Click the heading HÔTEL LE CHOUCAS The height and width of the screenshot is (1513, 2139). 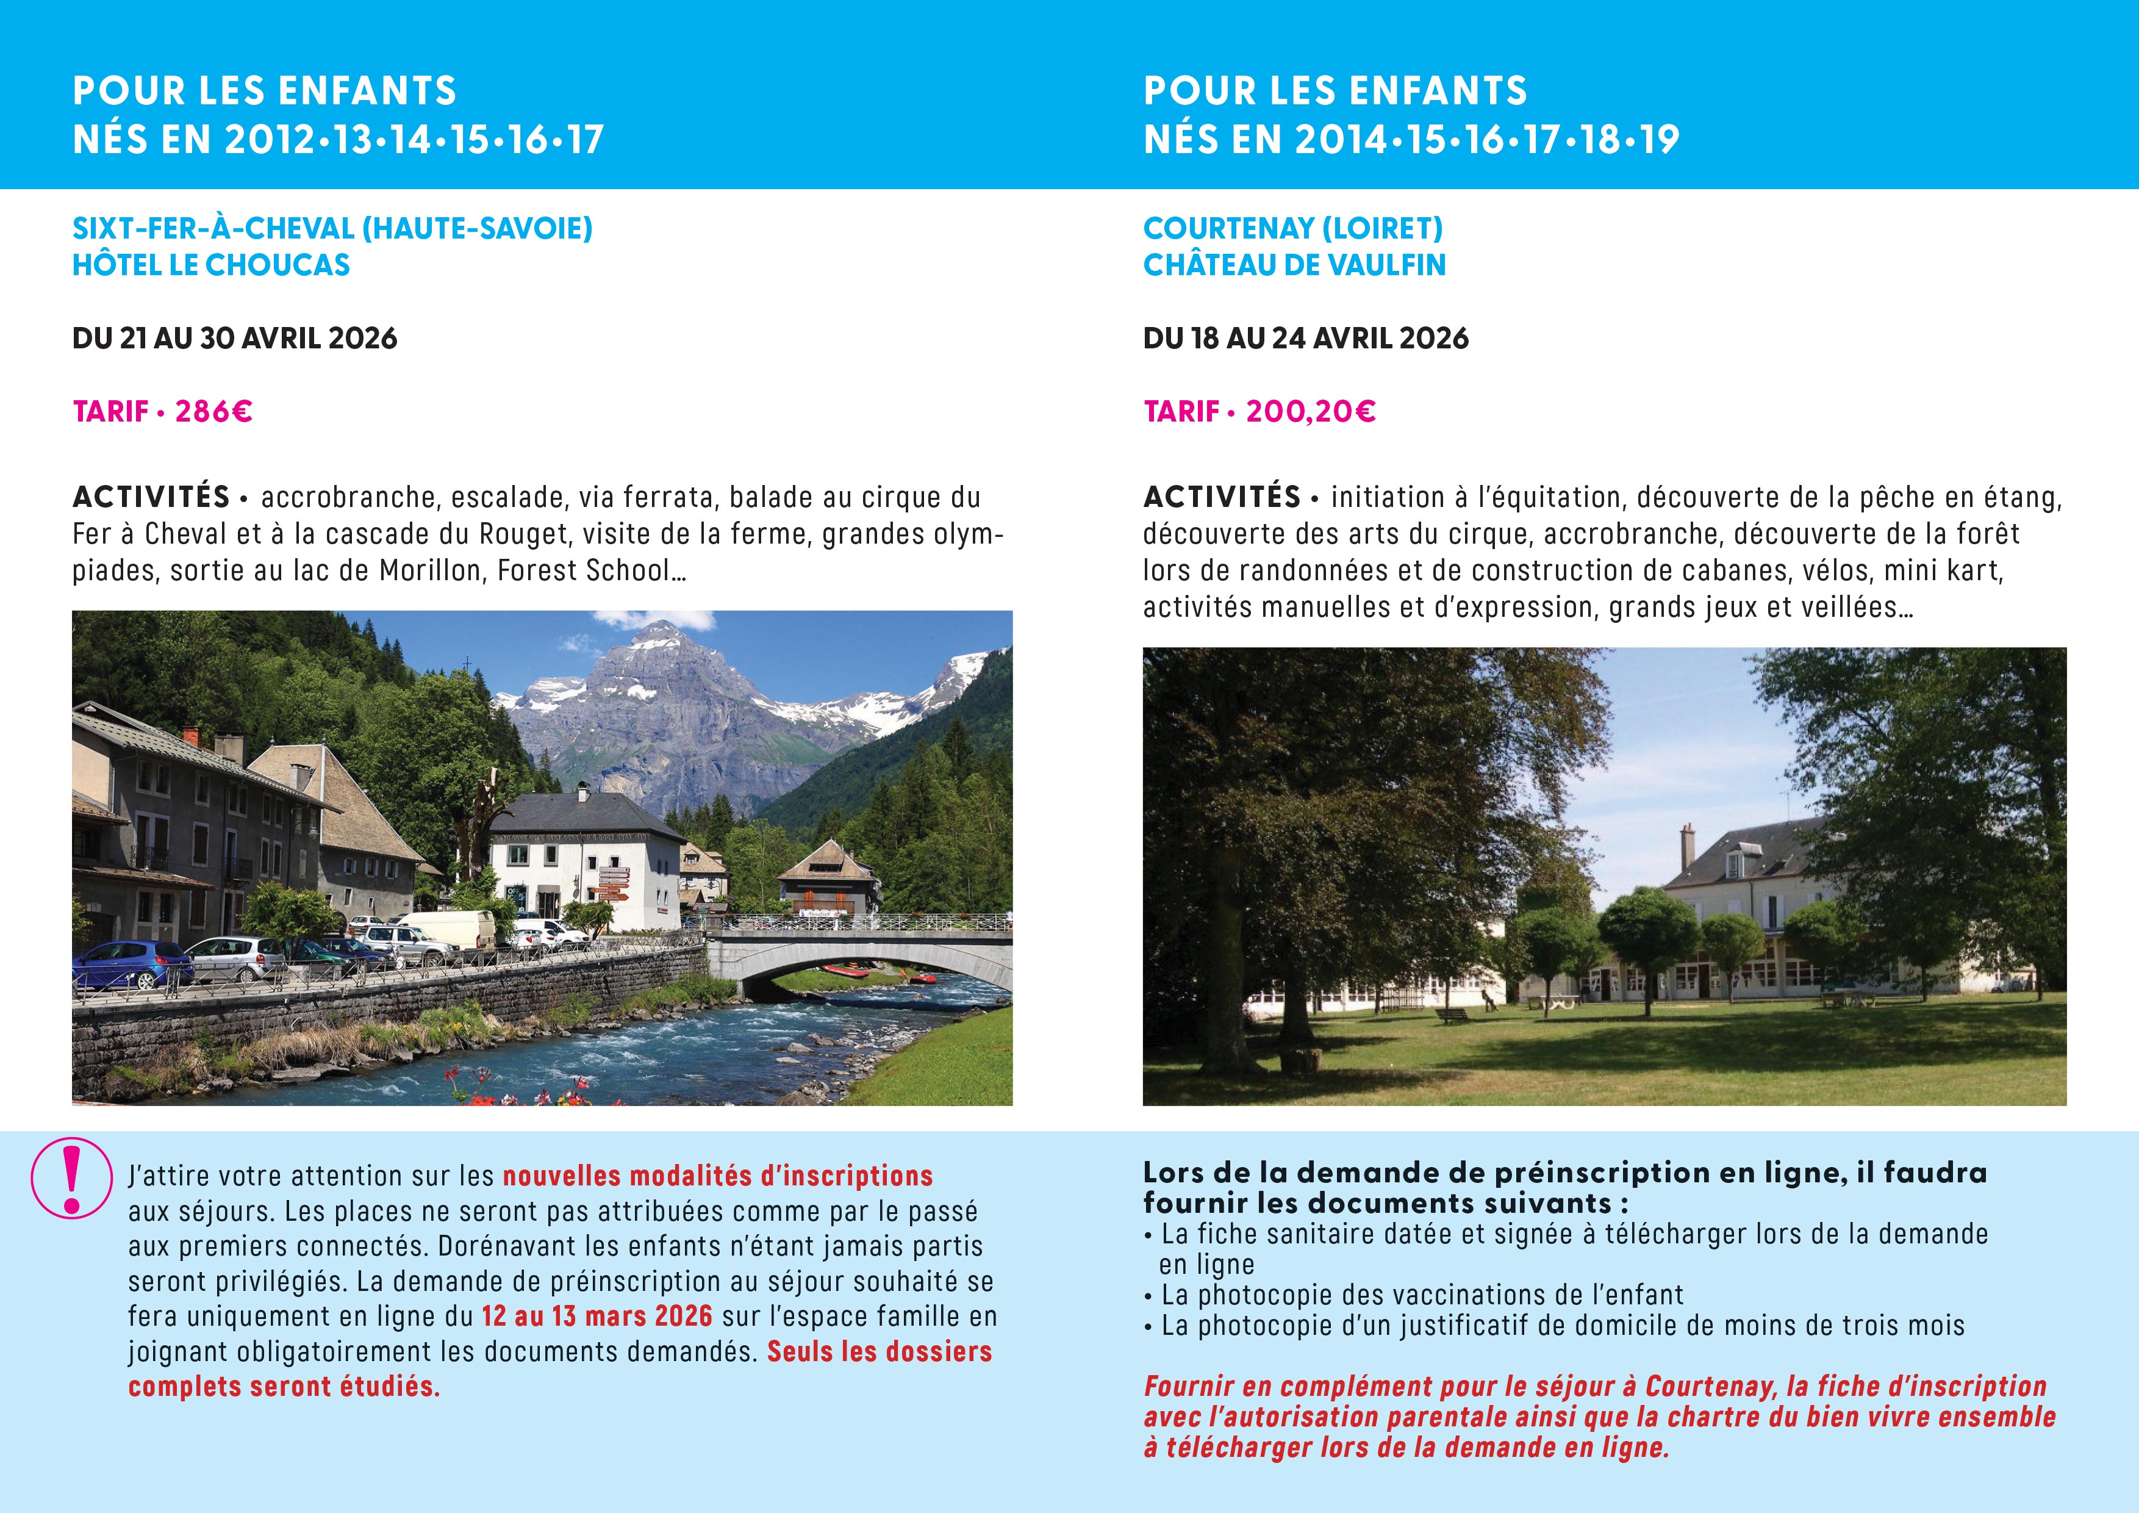click(x=212, y=265)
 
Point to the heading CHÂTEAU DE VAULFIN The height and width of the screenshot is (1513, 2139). click(x=1294, y=265)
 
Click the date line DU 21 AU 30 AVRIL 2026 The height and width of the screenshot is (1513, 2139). click(x=235, y=338)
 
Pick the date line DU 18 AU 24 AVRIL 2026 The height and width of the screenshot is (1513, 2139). click(x=1305, y=338)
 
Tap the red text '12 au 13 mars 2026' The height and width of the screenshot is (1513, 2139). click(x=597, y=1317)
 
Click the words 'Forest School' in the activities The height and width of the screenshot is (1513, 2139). click(x=583, y=570)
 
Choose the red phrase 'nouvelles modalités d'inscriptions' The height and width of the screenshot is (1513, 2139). click(x=717, y=1177)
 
